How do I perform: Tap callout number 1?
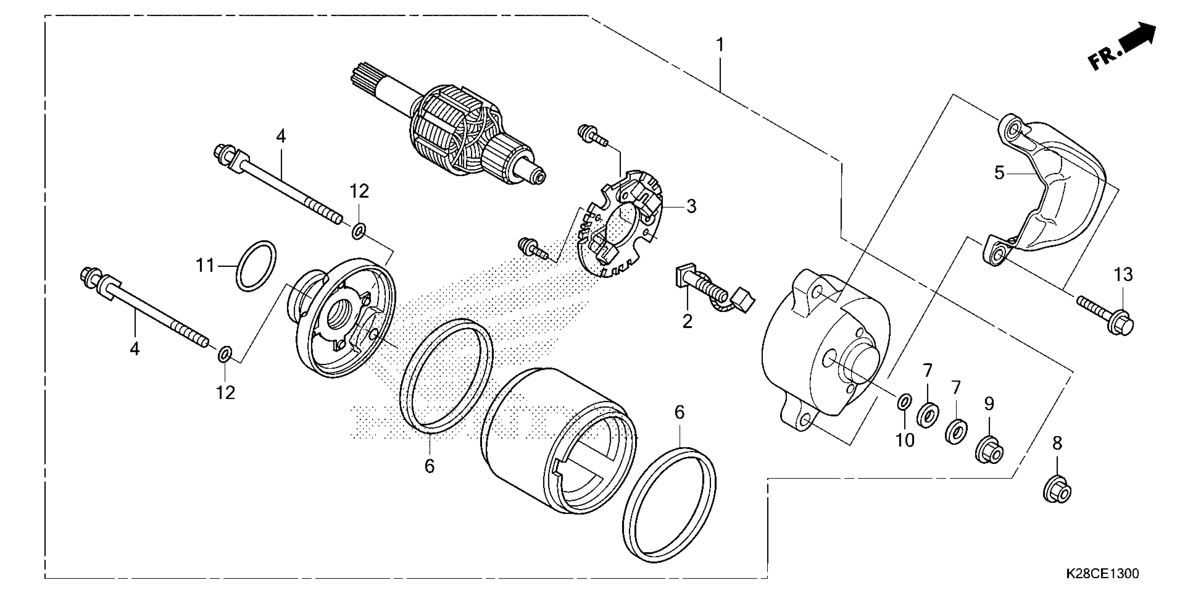pyautogui.click(x=720, y=45)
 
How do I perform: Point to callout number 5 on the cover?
pyautogui.click(x=999, y=173)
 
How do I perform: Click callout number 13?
pyautogui.click(x=1123, y=275)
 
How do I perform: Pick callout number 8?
pyautogui.click(x=1057, y=443)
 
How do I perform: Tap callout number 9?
pyautogui.click(x=989, y=404)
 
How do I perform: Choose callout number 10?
pyautogui.click(x=904, y=441)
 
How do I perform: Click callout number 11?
pyautogui.click(x=205, y=266)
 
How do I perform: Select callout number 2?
pyautogui.click(x=687, y=321)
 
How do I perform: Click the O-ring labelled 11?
pyautogui.click(x=256, y=266)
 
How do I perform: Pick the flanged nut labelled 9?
pyautogui.click(x=989, y=449)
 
